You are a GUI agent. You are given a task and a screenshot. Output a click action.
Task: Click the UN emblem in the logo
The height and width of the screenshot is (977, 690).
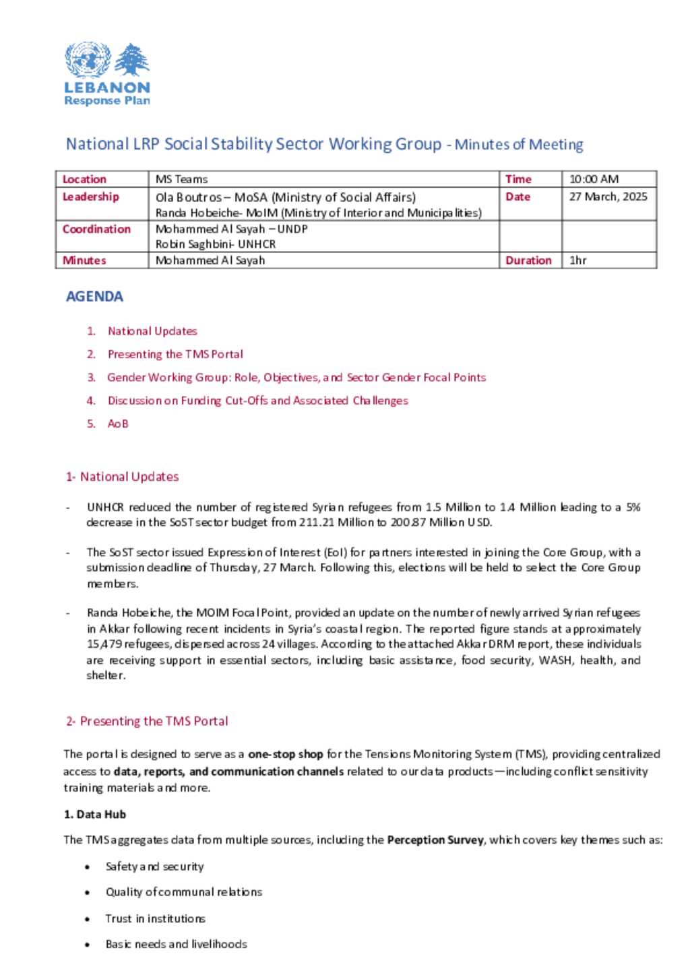pyautogui.click(x=88, y=59)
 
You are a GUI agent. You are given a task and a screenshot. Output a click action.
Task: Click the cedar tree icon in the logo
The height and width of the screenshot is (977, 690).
pyautogui.click(x=132, y=61)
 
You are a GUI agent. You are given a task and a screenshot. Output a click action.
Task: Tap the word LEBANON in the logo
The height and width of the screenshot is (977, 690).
pyautogui.click(x=107, y=88)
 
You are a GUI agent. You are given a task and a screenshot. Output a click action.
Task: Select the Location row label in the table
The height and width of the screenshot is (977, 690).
pyautogui.click(x=84, y=179)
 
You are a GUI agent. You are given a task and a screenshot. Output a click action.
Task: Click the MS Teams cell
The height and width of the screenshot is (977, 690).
pyautogui.click(x=181, y=179)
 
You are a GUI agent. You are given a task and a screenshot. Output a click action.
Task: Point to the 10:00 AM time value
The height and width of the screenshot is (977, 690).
pyautogui.click(x=594, y=179)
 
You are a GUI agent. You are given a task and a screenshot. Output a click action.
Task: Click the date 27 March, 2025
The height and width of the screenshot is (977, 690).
pyautogui.click(x=608, y=197)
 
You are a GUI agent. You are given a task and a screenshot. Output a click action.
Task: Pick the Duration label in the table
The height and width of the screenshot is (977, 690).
pyautogui.click(x=528, y=261)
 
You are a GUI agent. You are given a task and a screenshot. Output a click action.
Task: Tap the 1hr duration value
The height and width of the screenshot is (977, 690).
pyautogui.click(x=577, y=261)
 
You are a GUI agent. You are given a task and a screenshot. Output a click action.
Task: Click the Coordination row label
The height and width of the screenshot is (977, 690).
pyautogui.click(x=96, y=229)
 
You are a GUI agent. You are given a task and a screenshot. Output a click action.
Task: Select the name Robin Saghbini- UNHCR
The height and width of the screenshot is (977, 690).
pyautogui.click(x=216, y=244)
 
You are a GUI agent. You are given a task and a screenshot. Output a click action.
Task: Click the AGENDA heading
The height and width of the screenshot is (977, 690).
pyautogui.click(x=94, y=296)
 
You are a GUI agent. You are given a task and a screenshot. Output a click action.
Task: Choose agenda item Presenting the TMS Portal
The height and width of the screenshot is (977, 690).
pyautogui.click(x=175, y=354)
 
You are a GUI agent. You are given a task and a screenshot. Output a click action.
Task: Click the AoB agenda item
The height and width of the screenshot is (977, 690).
pyautogui.click(x=118, y=424)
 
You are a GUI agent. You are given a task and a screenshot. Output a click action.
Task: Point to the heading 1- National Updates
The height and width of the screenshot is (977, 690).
pyautogui.click(x=123, y=477)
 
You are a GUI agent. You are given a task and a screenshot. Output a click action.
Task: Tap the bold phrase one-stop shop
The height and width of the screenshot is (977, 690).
pyautogui.click(x=285, y=754)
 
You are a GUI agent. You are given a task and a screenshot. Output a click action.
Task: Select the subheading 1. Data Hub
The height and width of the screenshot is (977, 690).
pyautogui.click(x=95, y=814)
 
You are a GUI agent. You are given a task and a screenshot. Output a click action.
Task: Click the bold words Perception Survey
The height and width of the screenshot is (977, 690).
pyautogui.click(x=435, y=840)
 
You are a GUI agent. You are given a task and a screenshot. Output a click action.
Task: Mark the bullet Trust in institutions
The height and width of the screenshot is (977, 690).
pyautogui.click(x=155, y=918)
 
